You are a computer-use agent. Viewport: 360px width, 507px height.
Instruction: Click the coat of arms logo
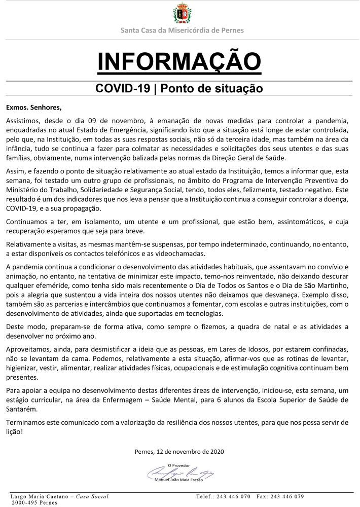coord(182,14)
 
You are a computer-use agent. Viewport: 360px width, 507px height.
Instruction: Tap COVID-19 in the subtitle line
coord(123,88)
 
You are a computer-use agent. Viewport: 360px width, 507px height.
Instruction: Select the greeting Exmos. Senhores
coord(33,107)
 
